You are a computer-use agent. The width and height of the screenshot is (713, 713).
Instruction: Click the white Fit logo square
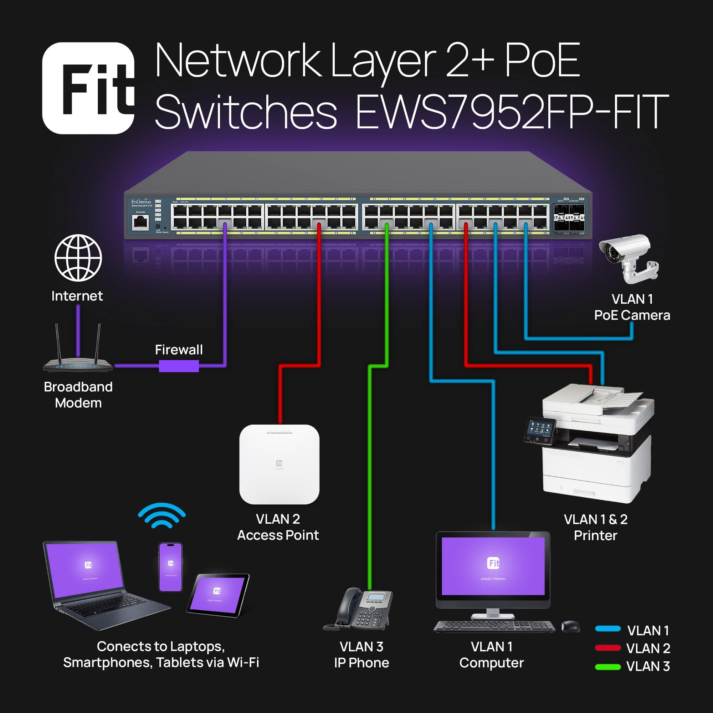pyautogui.click(x=88, y=88)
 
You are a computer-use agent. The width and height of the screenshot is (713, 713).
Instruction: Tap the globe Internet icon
pyautogui.click(x=78, y=258)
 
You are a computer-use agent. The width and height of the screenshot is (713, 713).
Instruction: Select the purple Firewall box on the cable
pyautogui.click(x=179, y=366)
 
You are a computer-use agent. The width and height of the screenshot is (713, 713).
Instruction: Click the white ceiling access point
pyautogui.click(x=279, y=464)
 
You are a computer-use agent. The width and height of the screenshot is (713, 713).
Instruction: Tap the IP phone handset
pyautogui.click(x=347, y=605)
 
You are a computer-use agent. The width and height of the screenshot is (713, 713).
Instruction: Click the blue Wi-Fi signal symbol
pyautogui.click(x=161, y=515)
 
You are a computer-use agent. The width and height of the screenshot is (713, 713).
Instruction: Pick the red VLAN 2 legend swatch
pyautogui.click(x=608, y=648)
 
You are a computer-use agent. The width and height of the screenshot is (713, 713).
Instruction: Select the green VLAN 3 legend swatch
pyautogui.click(x=608, y=666)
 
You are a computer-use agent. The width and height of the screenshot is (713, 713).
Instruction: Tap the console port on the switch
pyautogui.click(x=140, y=222)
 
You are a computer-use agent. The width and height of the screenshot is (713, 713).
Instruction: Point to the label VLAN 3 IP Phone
pyautogui.click(x=361, y=654)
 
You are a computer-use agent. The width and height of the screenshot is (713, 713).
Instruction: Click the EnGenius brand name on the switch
pyautogui.click(x=141, y=202)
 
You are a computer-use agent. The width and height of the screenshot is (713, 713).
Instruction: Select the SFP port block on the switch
pyautogui.click(x=569, y=217)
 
